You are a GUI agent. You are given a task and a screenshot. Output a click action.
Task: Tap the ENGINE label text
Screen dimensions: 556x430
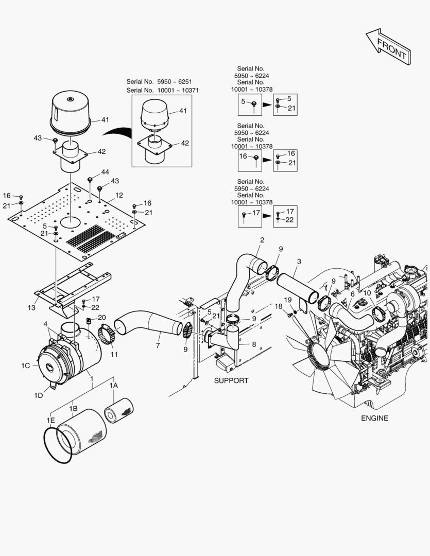[374, 418]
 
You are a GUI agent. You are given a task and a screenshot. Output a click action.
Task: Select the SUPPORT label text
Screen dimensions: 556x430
[231, 380]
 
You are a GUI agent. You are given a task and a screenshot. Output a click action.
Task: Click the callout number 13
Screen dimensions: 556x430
[31, 307]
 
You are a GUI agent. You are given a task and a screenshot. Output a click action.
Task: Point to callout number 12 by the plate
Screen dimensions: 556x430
[119, 195]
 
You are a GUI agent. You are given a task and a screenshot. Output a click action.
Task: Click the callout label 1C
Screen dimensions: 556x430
[26, 366]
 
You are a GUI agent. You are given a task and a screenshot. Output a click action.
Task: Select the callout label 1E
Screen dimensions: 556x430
[50, 420]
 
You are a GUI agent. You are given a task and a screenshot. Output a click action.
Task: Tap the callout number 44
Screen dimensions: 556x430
[105, 171]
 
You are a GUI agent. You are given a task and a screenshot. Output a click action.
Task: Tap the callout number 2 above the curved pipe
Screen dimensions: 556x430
[262, 240]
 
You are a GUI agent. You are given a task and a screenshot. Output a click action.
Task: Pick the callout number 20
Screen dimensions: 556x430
[101, 317]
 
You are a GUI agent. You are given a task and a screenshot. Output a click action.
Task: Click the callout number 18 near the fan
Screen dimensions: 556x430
[279, 306]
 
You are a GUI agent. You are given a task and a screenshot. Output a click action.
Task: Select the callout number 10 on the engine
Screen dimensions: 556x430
[367, 293]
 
